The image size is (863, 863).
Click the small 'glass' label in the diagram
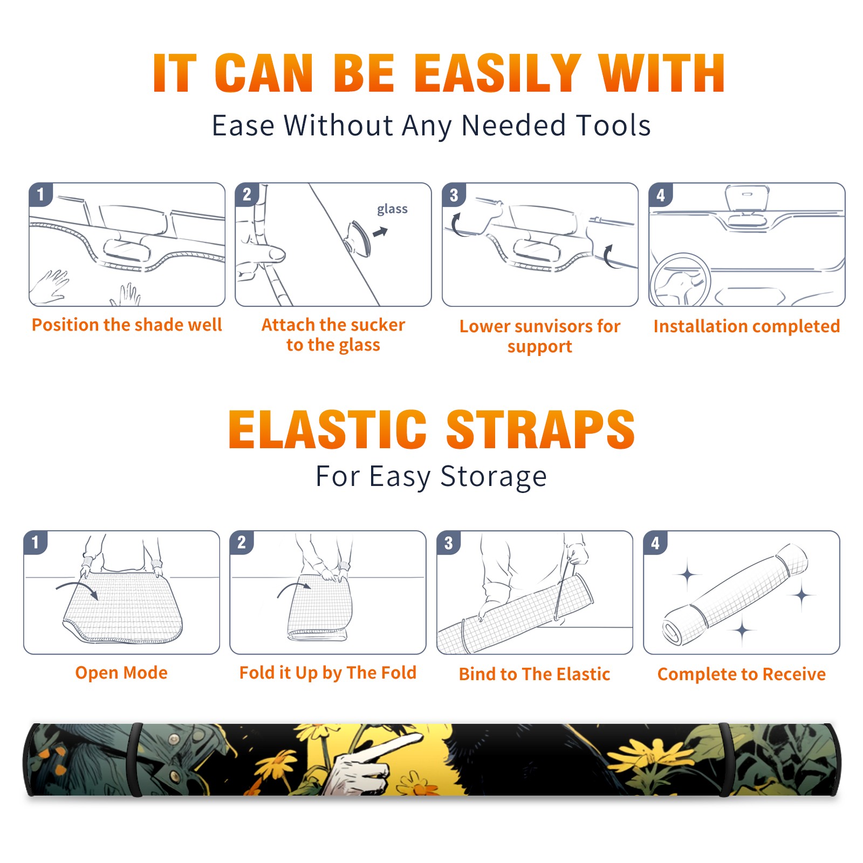click(392, 209)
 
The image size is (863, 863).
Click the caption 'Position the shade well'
click(127, 325)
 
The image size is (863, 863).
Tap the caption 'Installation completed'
click(746, 326)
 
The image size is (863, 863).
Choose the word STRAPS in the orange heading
click(540, 429)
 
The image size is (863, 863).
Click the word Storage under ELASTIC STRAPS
click(494, 477)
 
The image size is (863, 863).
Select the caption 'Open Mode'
click(121, 673)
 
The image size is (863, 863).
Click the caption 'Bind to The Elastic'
click(535, 674)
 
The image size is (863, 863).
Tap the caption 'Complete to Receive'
click(742, 674)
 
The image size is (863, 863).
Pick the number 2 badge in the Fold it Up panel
click(242, 543)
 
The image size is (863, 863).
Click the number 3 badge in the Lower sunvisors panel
click(454, 195)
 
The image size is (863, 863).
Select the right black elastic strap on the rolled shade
click(726, 759)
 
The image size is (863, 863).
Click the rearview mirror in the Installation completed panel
click(747, 198)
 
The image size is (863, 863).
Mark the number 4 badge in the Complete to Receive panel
click(655, 543)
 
